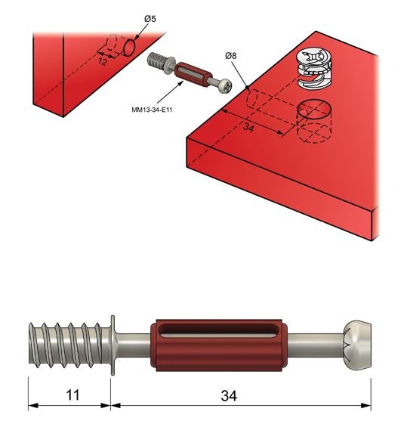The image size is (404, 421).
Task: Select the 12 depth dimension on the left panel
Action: click(103, 60)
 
